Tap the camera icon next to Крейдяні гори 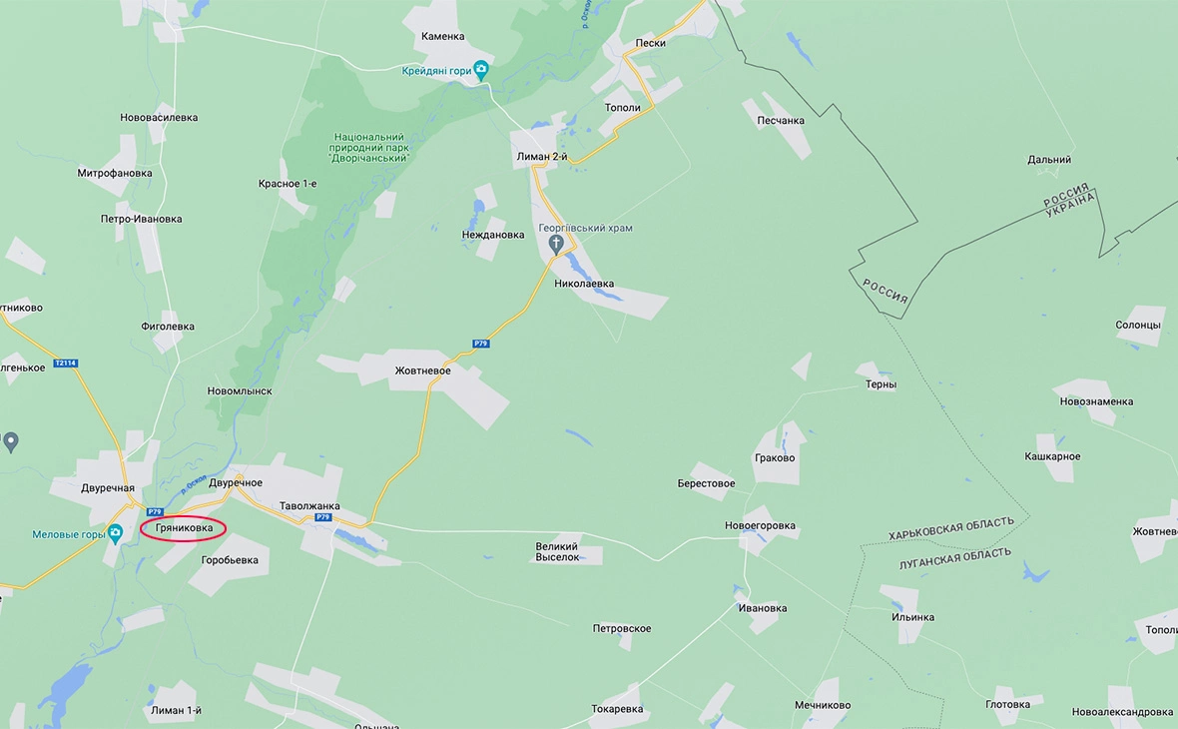(481, 70)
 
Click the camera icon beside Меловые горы (115, 533)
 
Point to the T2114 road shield (65, 364)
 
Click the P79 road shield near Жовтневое (481, 344)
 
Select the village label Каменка (442, 37)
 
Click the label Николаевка (584, 285)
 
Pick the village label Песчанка (780, 121)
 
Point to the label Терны (881, 384)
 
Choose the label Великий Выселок (557, 551)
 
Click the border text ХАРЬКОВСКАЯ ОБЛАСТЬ (951, 528)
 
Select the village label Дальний (1049, 160)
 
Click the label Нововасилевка (159, 118)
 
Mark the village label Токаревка (617, 710)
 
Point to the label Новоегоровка (760, 526)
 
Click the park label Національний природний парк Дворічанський (369, 147)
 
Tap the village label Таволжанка (309, 506)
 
